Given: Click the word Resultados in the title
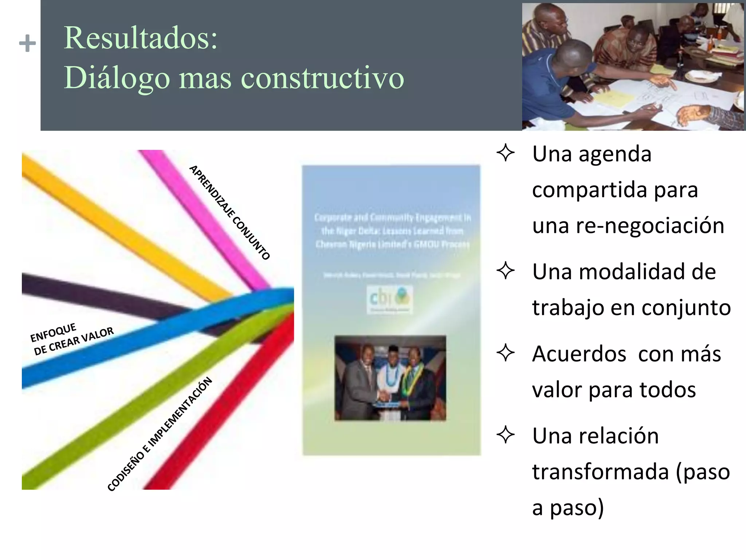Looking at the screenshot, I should [140, 38].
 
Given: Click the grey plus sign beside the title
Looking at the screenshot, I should [27, 44].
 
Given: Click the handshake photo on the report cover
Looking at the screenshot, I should [390, 378].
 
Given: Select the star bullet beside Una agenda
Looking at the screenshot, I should [506, 153].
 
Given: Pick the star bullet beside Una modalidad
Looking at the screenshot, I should [506, 271].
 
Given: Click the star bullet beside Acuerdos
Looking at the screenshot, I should [506, 353].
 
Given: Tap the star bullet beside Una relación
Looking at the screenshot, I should [506, 435].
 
